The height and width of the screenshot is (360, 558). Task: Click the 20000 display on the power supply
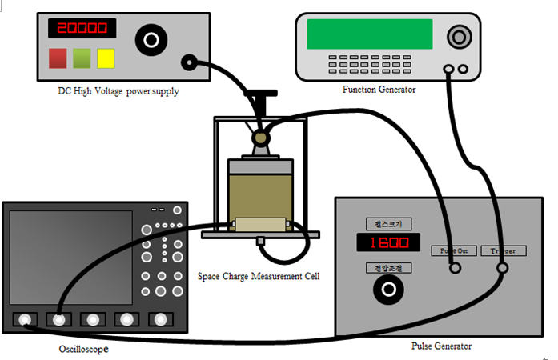(81, 28)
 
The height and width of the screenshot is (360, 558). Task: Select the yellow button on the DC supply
(106, 58)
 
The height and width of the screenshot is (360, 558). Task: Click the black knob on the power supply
(149, 38)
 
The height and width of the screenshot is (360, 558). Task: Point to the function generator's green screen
(369, 34)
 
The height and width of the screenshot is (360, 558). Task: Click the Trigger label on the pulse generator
(503, 250)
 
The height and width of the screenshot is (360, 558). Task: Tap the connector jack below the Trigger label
(503, 270)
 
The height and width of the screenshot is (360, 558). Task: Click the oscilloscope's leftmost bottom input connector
(26, 320)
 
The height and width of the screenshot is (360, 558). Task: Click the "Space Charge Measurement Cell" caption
(258, 277)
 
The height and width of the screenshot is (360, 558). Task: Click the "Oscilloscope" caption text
(83, 349)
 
